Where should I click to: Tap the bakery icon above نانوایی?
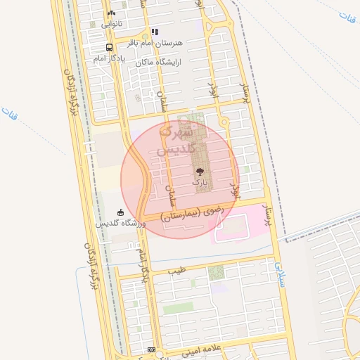(111, 13)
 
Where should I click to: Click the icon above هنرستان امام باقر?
(155, 32)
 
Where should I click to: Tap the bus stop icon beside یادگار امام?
(109, 48)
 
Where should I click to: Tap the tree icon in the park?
(200, 171)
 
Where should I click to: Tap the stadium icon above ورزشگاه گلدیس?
(121, 212)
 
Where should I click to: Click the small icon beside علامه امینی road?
(152, 349)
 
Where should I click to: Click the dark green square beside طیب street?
(217, 273)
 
